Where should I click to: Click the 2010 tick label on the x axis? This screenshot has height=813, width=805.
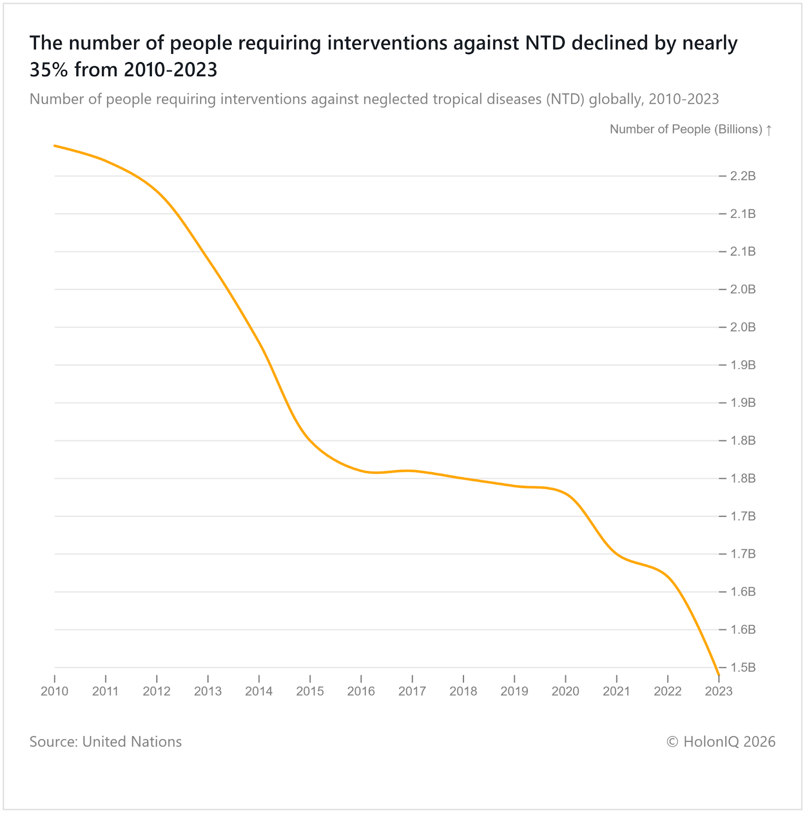[54, 691]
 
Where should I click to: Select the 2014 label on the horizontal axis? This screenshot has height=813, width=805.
[259, 691]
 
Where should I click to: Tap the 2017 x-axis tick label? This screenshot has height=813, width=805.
[412, 691]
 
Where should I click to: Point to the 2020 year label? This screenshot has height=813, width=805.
[565, 691]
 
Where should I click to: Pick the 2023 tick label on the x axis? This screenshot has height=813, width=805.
[719, 691]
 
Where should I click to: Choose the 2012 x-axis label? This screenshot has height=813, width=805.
[157, 691]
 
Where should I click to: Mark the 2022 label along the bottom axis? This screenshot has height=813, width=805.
[667, 691]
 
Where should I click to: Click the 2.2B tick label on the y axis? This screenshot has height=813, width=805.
[742, 176]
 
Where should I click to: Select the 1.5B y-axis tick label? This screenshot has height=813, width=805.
[742, 668]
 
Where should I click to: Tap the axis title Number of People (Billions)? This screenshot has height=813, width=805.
[686, 130]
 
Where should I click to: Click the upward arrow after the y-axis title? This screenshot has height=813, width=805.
[769, 130]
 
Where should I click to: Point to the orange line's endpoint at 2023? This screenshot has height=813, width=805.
[719, 675]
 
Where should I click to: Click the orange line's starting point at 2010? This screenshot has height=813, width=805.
[54, 146]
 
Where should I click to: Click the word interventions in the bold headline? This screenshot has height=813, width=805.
[387, 43]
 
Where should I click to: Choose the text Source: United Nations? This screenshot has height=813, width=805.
[106, 742]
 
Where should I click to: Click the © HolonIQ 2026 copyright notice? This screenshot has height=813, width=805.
[721, 742]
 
